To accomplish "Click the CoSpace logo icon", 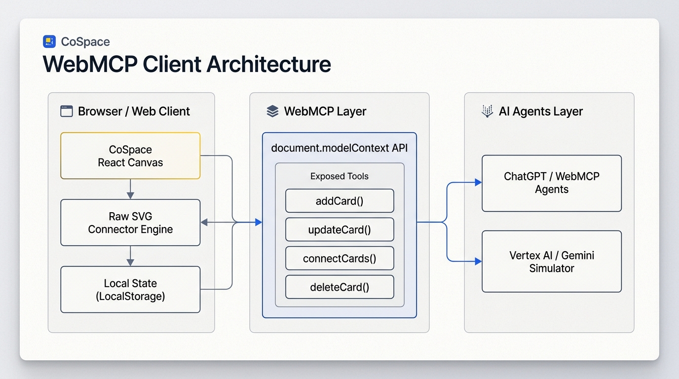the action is coord(49,41).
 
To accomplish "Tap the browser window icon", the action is coord(67,111).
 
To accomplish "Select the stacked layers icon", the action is coord(272,111).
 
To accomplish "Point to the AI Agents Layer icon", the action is coord(487,111).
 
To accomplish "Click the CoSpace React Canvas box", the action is coord(130,155).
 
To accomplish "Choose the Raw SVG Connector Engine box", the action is coord(130,223).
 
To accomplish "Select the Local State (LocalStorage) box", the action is coord(130,290).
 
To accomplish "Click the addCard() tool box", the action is coord(339,201).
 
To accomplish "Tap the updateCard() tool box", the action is coord(339,229).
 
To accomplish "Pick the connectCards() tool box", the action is coord(339,258).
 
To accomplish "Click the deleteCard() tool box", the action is coord(339,287).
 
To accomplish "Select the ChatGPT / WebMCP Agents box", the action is coord(552,183).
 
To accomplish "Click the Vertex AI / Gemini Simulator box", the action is coord(552,262).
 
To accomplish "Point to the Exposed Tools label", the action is coord(339,176).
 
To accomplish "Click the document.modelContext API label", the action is coord(339,148).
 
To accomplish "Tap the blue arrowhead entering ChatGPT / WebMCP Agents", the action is coord(478,182).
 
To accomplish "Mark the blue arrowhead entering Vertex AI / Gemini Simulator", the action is coord(478,261).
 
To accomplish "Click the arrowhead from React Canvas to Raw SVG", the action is coord(130,195).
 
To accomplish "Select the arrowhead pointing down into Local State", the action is coord(130,263).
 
